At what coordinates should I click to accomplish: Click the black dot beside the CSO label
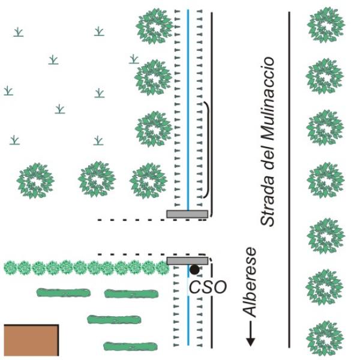(x=194, y=269)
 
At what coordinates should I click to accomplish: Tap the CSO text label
(x=208, y=287)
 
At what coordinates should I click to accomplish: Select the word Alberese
(x=250, y=282)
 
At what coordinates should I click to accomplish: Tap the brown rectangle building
(x=31, y=340)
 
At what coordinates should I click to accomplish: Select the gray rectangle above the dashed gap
(x=187, y=214)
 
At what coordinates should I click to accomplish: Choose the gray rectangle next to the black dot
(x=187, y=261)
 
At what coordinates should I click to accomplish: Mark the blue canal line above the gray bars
(x=188, y=110)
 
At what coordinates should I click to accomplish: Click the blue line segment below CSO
(x=188, y=321)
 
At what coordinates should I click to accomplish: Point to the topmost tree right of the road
(x=326, y=25)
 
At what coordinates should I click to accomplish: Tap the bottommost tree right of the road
(x=325, y=338)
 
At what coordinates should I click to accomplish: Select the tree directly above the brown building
(x=35, y=181)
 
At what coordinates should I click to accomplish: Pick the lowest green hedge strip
(x=130, y=346)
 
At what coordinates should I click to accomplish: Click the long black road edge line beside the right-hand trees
(x=289, y=180)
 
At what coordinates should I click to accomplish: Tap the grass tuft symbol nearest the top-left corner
(x=19, y=32)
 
